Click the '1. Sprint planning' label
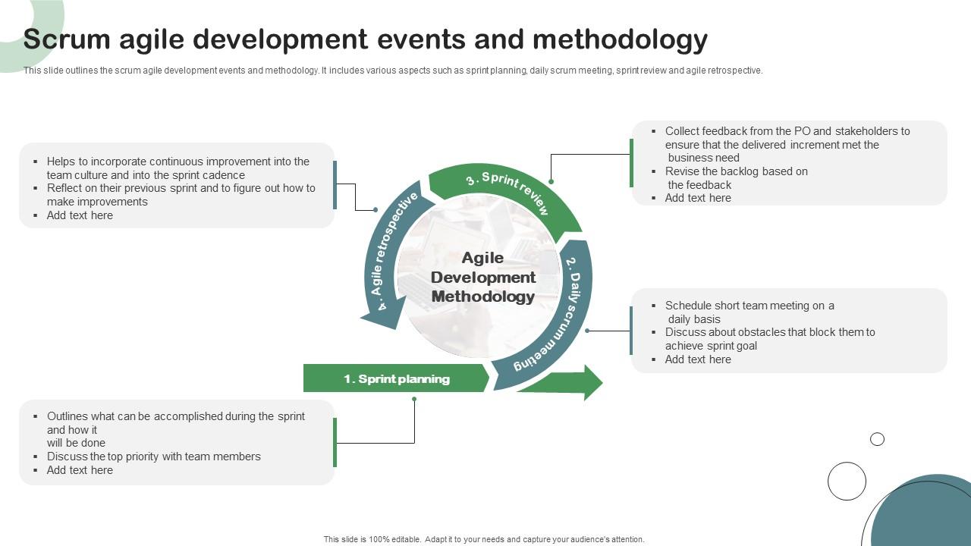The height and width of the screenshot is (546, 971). click(396, 378)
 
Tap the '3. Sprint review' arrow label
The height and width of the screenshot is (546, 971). click(507, 192)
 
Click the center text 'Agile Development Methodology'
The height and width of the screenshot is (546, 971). click(483, 278)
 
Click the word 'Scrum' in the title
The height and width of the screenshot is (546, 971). click(68, 39)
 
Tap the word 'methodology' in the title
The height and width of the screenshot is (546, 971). click(620, 39)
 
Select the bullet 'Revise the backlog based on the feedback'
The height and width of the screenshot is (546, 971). click(736, 178)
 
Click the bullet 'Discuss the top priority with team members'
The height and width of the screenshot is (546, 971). click(153, 457)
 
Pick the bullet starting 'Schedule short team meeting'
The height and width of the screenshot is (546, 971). click(749, 312)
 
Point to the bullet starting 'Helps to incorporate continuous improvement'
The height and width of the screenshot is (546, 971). click(178, 168)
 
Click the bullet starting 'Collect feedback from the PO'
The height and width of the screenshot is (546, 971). click(787, 144)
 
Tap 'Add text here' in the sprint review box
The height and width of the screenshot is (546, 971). click(698, 198)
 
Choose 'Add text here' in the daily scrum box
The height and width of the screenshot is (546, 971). click(698, 359)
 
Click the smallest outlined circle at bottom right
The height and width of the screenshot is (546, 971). click(877, 439)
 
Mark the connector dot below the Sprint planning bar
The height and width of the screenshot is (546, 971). click(414, 399)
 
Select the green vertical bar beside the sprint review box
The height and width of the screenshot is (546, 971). click(631, 163)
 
